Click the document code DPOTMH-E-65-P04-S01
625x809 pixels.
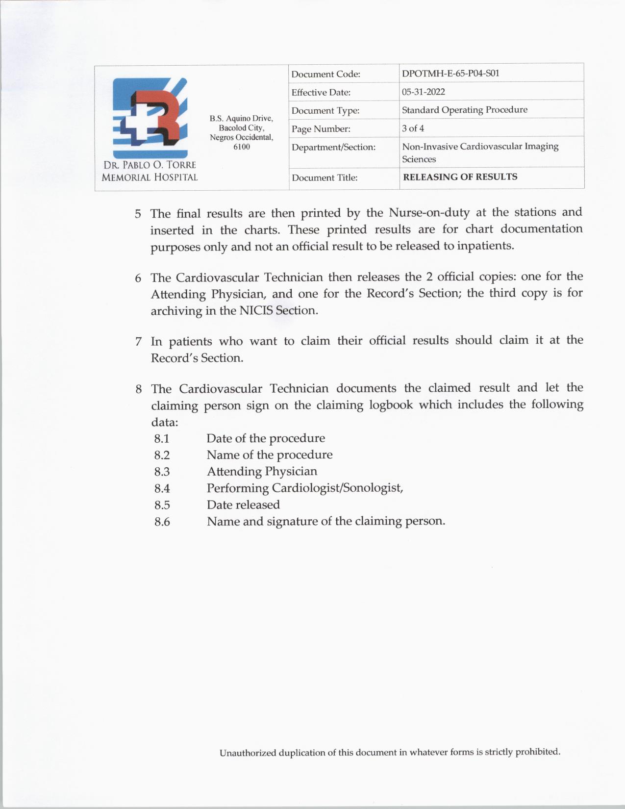tap(450, 74)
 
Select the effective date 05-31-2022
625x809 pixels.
tap(423, 92)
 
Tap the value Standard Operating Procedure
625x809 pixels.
tap(464, 110)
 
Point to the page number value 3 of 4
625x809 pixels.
tap(413, 128)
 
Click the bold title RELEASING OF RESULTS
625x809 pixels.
tap(460, 177)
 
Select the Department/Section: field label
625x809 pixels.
tap(333, 147)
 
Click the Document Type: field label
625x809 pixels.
tap(325, 111)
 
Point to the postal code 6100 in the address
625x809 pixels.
tap(241, 147)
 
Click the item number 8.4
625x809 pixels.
tap(162, 488)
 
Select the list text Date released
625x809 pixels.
tap(243, 505)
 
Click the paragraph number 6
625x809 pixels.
tap(138, 278)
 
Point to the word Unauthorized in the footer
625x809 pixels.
tap(248, 753)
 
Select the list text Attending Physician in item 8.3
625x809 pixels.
tap(262, 471)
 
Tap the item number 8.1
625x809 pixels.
tap(162, 438)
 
